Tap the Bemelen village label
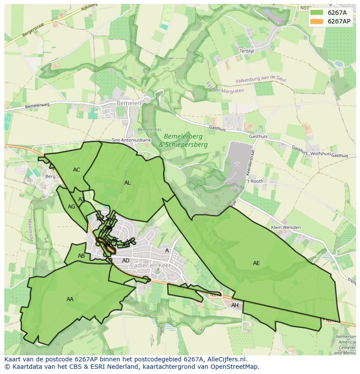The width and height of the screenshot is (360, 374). pyautogui.click(x=129, y=103)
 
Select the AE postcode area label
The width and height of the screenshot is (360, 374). pyautogui.click(x=256, y=263)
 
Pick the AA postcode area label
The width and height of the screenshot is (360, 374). pyautogui.click(x=70, y=299)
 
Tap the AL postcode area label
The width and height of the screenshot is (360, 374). pyautogui.click(x=127, y=183)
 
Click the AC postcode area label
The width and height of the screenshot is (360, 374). pyautogui.click(x=77, y=170)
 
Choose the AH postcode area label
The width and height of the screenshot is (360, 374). pyautogui.click(x=235, y=305)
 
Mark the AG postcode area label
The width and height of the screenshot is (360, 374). pyautogui.click(x=71, y=207)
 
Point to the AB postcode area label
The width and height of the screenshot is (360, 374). pyautogui.click(x=81, y=256)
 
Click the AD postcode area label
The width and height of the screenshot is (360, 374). pyautogui.click(x=126, y=261)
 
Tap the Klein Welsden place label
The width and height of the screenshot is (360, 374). pyautogui.click(x=286, y=227)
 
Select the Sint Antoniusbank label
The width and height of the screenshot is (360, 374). pyautogui.click(x=131, y=140)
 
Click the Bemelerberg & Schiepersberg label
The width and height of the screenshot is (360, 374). pyautogui.click(x=183, y=141)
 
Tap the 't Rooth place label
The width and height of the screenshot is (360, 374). pyautogui.click(x=255, y=181)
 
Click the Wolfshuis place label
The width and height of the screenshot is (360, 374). pyautogui.click(x=320, y=154)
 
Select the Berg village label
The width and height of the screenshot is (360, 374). pyautogui.click(x=50, y=176)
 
